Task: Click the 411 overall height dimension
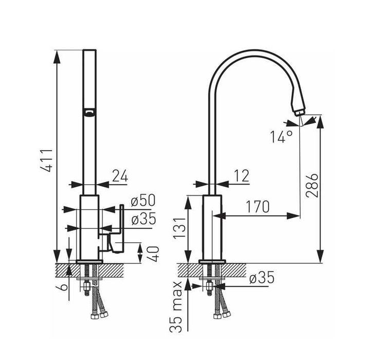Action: (x=46, y=160)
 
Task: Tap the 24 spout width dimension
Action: (x=120, y=176)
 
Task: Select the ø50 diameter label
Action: (x=143, y=201)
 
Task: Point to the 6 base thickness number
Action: (x=63, y=286)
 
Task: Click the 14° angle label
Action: (x=281, y=137)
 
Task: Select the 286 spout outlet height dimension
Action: (x=312, y=186)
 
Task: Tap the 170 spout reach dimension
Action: (x=258, y=207)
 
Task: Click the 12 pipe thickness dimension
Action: (x=242, y=176)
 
